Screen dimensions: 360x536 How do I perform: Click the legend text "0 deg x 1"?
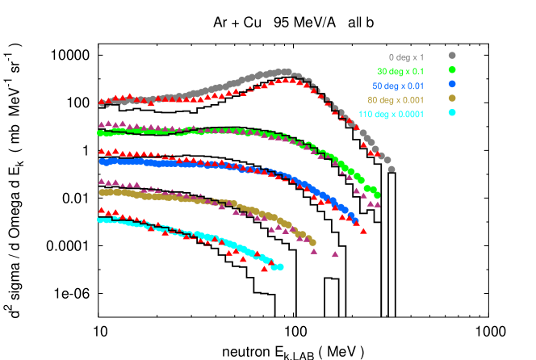pyautogui.click(x=406, y=57)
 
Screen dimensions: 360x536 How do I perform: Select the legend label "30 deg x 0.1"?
pyautogui.click(x=400, y=72)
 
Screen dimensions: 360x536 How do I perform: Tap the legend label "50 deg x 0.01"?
pyautogui.click(x=398, y=86)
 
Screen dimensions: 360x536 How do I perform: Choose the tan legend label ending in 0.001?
pyautogui.click(x=396, y=99)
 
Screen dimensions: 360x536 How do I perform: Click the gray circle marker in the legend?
pyautogui.click(x=452, y=56)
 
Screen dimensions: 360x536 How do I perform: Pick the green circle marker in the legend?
pyautogui.click(x=452, y=70)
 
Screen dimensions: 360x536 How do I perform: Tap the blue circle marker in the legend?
pyautogui.click(x=452, y=84)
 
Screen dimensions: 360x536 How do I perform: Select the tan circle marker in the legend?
pyautogui.click(x=452, y=98)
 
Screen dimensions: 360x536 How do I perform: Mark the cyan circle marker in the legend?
pyautogui.click(x=452, y=112)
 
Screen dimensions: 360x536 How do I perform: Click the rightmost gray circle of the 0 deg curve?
pyautogui.click(x=392, y=170)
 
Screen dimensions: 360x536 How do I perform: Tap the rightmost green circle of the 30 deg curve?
pyautogui.click(x=377, y=195)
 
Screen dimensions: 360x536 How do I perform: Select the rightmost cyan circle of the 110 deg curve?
pyautogui.click(x=280, y=266)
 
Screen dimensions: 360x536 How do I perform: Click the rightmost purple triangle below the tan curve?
pyautogui.click(x=335, y=254)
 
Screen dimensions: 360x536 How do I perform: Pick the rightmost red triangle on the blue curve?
pyautogui.click(x=364, y=231)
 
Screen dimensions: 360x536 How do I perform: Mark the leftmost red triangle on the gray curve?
pyautogui.click(x=103, y=103)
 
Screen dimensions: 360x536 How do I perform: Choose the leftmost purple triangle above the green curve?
pyautogui.click(x=102, y=124)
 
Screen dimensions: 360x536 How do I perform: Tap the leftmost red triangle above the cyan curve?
pyautogui.click(x=102, y=210)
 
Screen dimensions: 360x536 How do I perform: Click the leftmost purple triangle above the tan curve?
pyautogui.click(x=102, y=182)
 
